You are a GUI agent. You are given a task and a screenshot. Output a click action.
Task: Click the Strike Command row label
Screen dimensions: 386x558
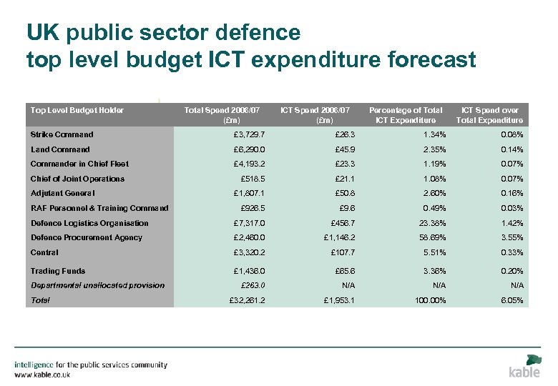(x=62, y=134)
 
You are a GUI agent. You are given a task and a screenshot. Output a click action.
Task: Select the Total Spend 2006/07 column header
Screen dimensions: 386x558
(x=221, y=115)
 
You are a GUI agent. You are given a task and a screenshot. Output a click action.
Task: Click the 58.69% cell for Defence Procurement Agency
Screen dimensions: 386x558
(x=433, y=237)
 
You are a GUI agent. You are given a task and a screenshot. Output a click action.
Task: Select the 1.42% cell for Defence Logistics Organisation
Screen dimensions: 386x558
(x=512, y=223)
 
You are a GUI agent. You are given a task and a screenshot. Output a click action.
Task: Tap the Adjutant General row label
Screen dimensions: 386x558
(x=63, y=193)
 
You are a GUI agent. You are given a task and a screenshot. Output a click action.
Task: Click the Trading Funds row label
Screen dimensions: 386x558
(x=57, y=271)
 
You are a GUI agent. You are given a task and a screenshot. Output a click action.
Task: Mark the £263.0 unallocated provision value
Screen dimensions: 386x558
(x=250, y=285)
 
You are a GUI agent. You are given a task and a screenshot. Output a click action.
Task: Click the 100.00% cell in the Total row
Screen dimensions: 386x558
(x=430, y=300)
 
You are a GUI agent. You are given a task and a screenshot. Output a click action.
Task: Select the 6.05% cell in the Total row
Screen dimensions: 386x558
(x=512, y=300)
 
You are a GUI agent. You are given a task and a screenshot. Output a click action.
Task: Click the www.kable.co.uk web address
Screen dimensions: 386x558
(x=42, y=375)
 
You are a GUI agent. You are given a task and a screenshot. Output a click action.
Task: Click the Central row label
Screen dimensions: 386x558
(x=44, y=252)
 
